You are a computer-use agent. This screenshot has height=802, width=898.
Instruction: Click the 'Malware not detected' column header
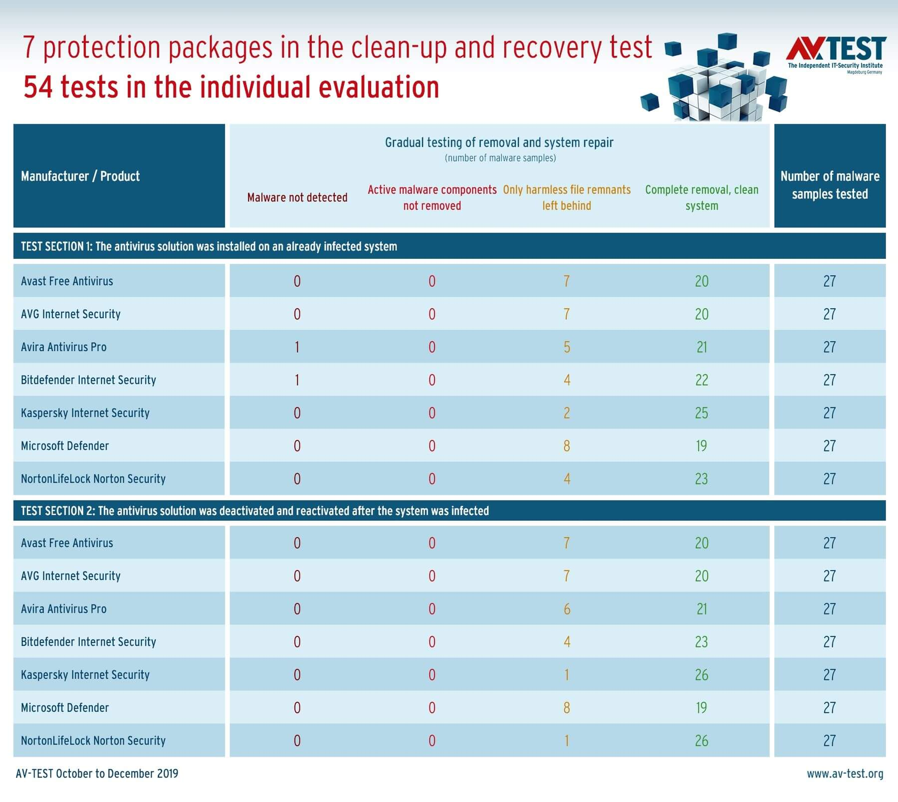[x=297, y=198]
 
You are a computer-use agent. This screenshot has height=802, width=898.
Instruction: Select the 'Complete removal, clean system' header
[x=701, y=198]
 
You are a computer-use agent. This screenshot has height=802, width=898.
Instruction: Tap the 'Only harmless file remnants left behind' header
[x=567, y=198]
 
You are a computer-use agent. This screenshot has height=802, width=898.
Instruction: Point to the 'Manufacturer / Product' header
[x=80, y=176]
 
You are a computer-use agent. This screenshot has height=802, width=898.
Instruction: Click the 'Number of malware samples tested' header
[x=830, y=185]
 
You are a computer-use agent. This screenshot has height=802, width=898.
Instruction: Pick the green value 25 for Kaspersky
[x=701, y=413]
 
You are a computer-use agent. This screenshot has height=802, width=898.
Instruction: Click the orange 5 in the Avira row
[x=567, y=347]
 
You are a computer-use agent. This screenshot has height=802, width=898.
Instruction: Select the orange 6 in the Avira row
[x=567, y=609]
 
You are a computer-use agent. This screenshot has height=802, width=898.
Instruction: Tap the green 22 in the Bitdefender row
[x=701, y=380]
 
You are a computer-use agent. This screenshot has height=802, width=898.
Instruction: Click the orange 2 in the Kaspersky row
[x=567, y=413]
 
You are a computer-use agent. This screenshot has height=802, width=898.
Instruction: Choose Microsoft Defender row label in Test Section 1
[x=65, y=446]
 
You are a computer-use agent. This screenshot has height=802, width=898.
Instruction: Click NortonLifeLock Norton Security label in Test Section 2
[x=93, y=741]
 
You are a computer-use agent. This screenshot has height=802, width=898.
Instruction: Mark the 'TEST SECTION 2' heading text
[x=255, y=511]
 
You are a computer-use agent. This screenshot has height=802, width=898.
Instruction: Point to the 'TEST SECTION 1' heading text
[x=209, y=246]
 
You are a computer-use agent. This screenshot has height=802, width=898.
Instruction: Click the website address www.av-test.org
[x=845, y=774]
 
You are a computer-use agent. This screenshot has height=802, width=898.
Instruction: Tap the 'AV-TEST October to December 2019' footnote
[x=97, y=774]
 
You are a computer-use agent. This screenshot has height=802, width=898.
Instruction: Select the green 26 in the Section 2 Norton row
[x=701, y=741]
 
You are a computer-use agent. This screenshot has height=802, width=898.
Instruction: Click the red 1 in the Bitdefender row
[x=297, y=380]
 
